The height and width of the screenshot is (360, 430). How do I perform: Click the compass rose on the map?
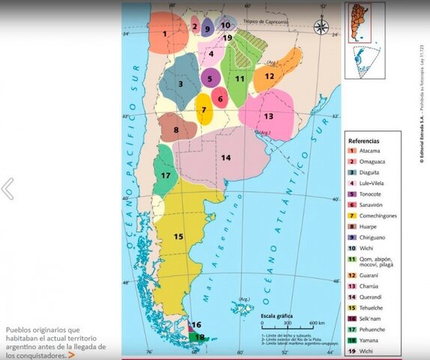point(321,28)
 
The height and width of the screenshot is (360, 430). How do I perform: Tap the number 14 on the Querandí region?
point(225,157)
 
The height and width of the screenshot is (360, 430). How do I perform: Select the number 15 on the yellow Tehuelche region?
point(178,236)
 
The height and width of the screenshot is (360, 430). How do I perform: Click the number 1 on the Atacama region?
point(165,34)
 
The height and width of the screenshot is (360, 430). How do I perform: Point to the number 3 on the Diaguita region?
point(180,83)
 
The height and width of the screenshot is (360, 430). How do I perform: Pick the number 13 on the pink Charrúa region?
point(267,116)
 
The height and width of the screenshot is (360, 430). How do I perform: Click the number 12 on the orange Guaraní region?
point(269,76)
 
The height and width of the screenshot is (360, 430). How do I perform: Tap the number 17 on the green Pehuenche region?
point(166,175)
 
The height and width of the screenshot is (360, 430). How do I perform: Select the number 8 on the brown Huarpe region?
point(176,130)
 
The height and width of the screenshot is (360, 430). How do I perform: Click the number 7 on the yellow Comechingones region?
point(203,109)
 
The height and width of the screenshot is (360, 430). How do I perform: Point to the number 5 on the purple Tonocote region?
point(211,78)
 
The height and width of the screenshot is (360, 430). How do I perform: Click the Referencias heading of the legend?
point(364,140)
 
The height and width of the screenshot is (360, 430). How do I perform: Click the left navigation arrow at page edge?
point(7,189)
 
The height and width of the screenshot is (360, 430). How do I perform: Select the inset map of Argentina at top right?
point(365,40)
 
